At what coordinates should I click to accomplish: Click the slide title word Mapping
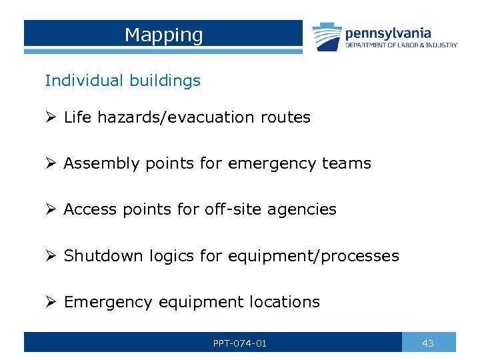pos(163,35)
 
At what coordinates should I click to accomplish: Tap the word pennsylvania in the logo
pos(388,33)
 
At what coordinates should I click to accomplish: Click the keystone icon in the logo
pos(327,36)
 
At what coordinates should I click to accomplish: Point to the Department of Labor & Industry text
pos(401,45)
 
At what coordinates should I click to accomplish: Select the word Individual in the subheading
pos(80,81)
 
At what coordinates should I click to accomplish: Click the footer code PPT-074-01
pos(240,343)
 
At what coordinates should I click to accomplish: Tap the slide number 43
pos(428,343)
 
